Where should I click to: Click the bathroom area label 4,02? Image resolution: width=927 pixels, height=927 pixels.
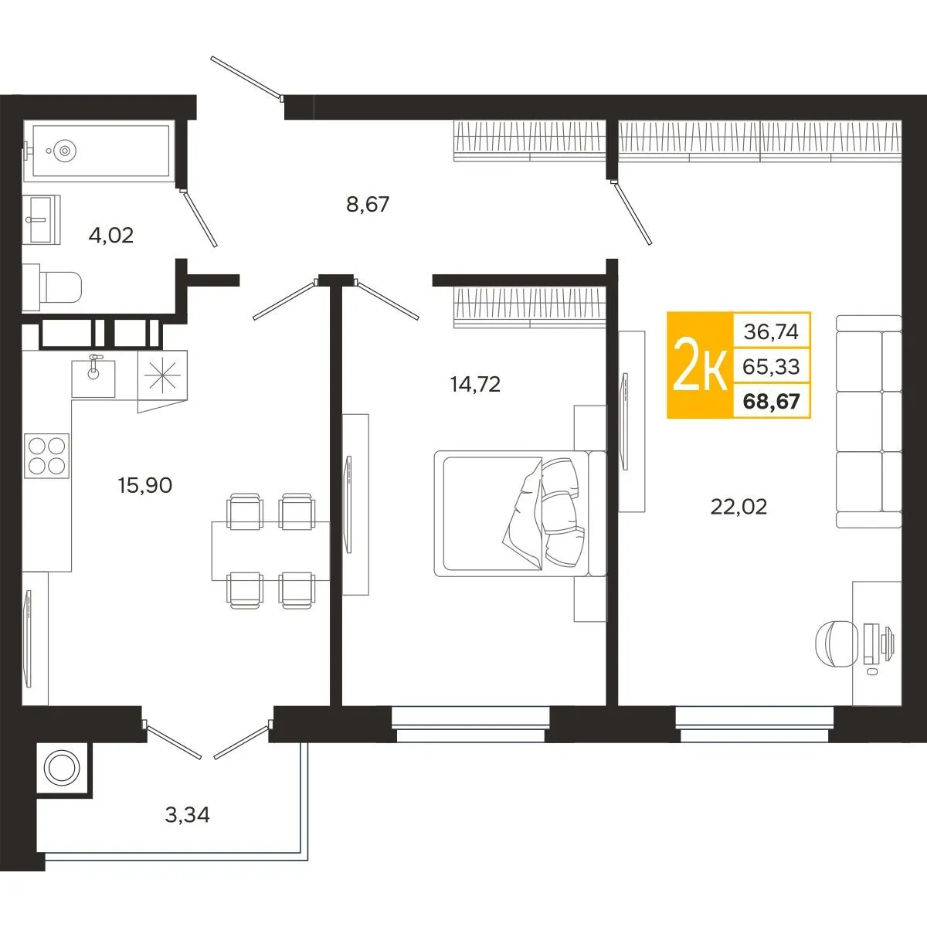[x=111, y=235]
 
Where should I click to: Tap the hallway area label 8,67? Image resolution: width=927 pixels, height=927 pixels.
[x=368, y=205]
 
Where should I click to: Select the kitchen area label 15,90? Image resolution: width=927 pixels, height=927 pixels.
[x=144, y=485]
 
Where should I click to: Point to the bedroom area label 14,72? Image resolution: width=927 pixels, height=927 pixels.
[x=475, y=383]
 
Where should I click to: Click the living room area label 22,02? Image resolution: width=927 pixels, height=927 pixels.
[x=739, y=507]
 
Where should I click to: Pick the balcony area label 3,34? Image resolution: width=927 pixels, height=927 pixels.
[x=187, y=814]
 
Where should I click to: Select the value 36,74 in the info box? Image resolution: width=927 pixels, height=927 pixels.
[x=771, y=332]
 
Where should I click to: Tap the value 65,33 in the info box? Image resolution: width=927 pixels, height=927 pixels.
[x=771, y=366]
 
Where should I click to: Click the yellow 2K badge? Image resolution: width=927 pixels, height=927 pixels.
[x=700, y=365]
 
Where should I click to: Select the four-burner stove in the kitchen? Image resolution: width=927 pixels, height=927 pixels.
[x=46, y=455]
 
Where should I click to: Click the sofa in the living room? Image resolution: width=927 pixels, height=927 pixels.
[x=869, y=422]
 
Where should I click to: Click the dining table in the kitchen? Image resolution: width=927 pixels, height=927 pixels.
[x=270, y=550]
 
